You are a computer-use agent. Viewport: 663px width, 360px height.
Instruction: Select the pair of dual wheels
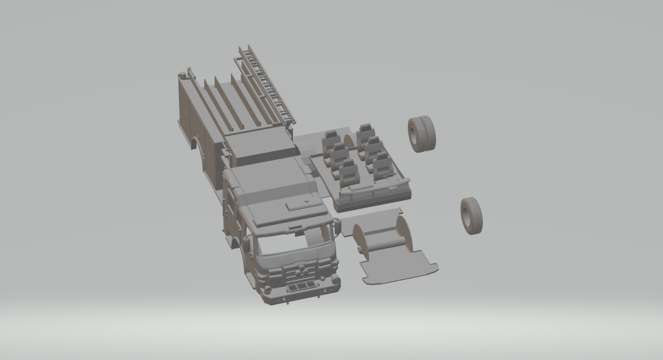point(422,134)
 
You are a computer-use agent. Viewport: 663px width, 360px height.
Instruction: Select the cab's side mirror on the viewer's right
point(337,226)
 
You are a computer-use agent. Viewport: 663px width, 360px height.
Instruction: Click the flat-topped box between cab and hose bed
point(258,147)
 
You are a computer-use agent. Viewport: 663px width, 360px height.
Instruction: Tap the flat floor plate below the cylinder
point(398,266)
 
